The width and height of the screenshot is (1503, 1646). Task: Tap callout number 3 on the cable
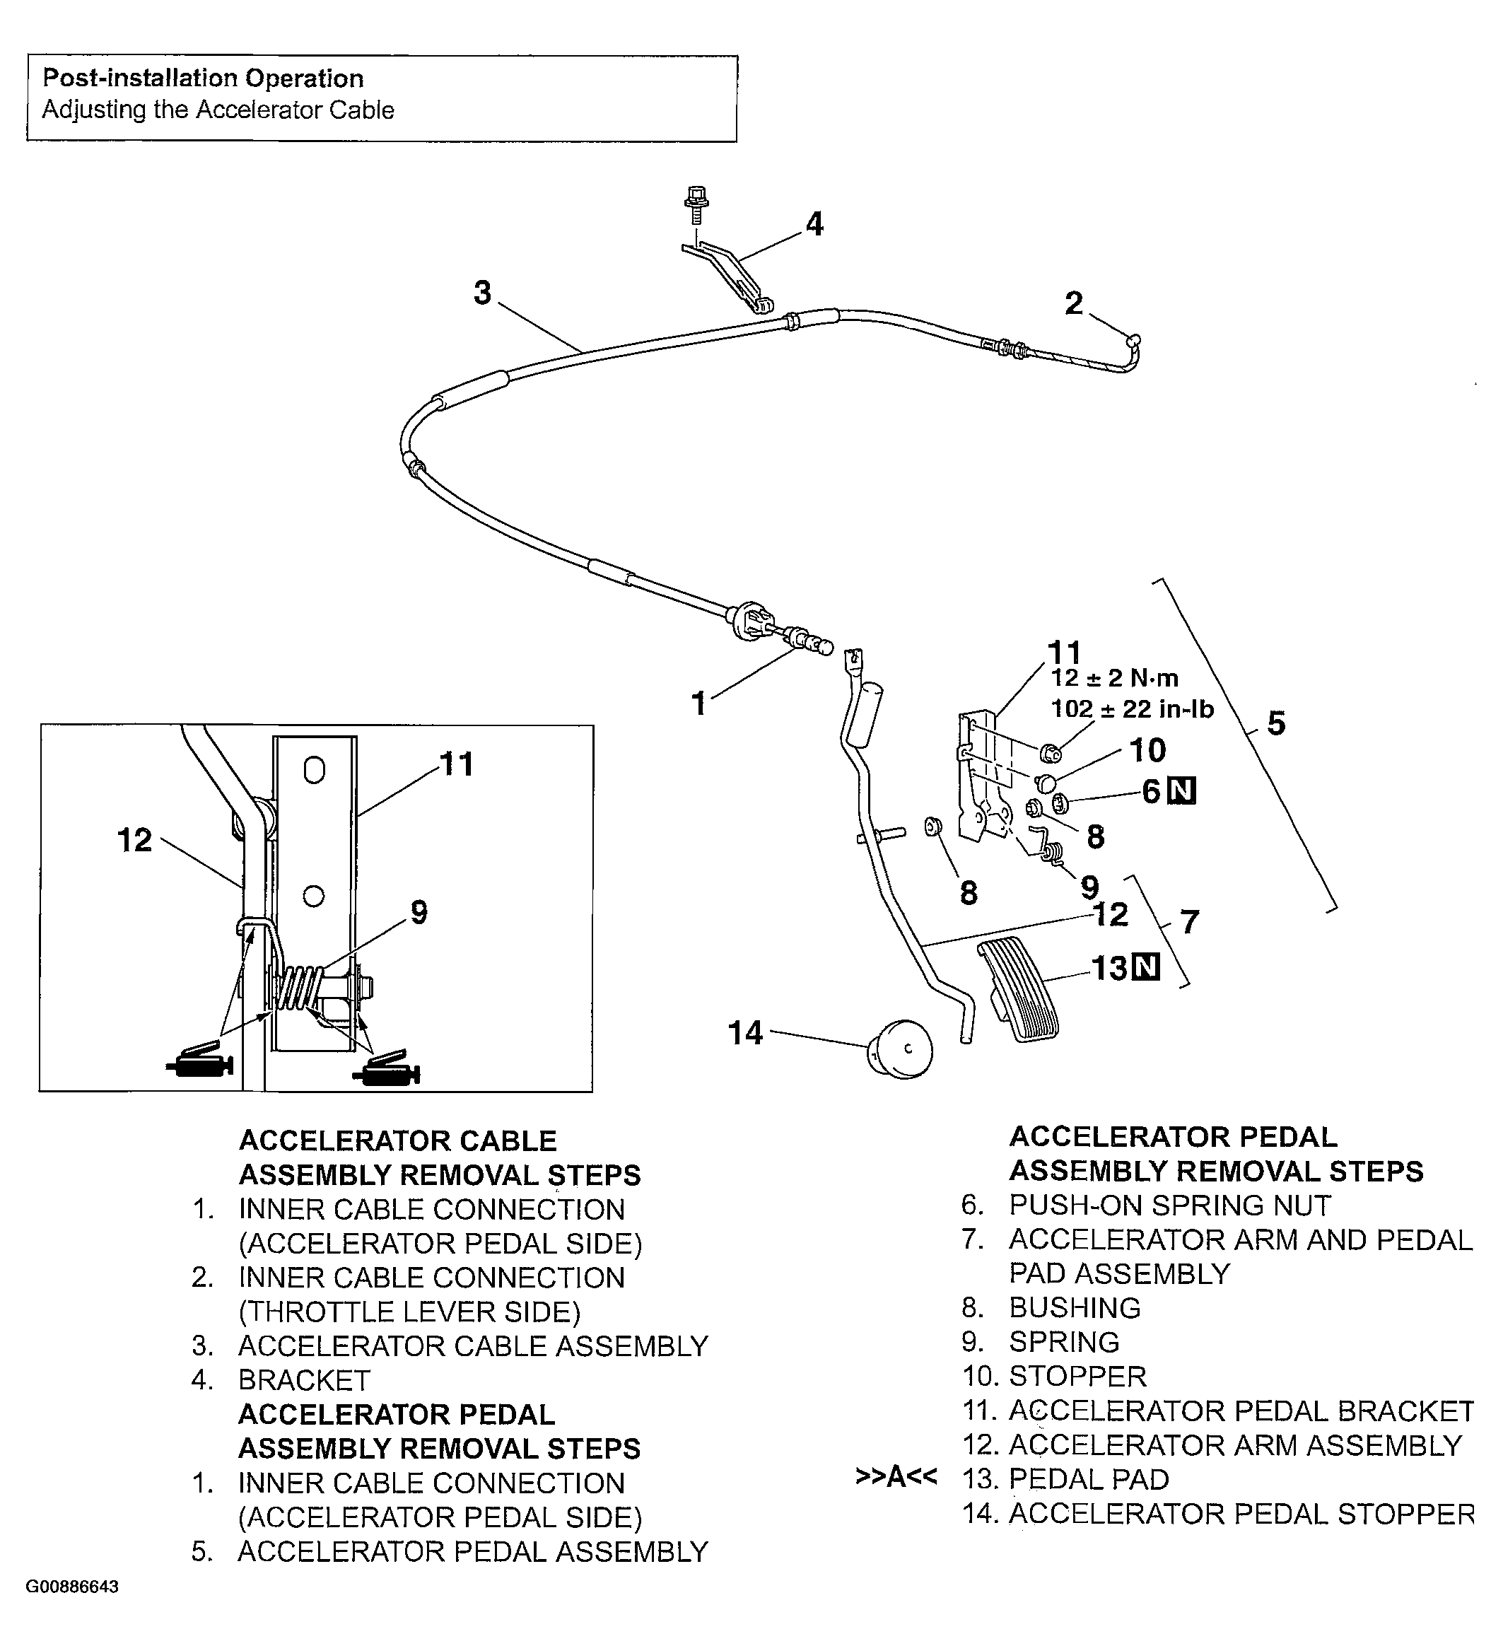[482, 292]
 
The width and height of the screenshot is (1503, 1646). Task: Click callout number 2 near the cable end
[1074, 304]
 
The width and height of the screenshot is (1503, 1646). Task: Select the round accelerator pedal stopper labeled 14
[901, 1049]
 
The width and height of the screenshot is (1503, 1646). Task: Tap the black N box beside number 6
[1182, 790]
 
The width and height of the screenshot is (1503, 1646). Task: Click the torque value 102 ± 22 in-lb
[1133, 708]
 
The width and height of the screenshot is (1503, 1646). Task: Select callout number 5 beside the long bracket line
[1276, 723]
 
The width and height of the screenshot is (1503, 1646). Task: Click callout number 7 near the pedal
[1190, 922]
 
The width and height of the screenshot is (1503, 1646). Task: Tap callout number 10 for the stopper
[1147, 749]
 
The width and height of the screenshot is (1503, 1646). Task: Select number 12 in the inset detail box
[135, 840]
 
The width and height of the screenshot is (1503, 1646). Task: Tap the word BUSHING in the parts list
[1075, 1307]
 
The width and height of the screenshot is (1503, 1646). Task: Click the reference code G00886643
[73, 1587]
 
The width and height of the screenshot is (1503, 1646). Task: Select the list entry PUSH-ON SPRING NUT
[1169, 1205]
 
